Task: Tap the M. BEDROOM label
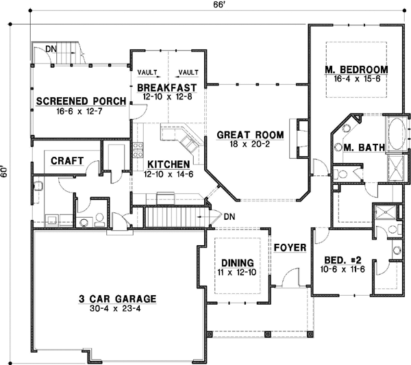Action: [356, 70]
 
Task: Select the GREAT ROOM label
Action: [247, 135]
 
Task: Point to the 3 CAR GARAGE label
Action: [117, 299]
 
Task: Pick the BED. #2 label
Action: [340, 260]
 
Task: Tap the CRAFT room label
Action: [67, 161]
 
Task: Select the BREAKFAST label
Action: [167, 88]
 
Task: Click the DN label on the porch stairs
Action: [51, 49]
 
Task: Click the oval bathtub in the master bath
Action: [397, 134]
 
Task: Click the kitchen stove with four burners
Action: [138, 150]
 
